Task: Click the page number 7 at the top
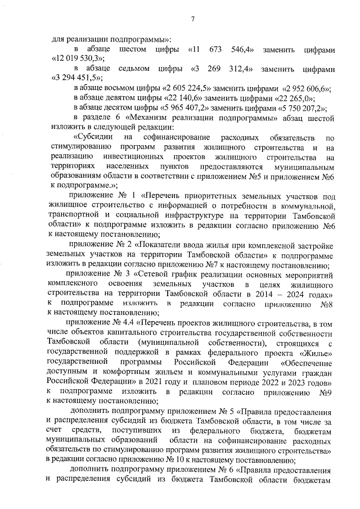click(192, 20)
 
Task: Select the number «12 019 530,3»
click(79, 58)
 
